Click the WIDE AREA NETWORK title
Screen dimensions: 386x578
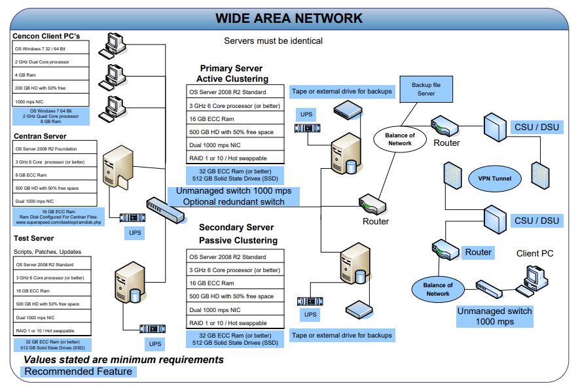click(289, 18)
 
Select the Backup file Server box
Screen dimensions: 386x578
click(426, 89)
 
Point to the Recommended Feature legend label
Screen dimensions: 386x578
click(78, 372)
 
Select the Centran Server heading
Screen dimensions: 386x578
click(40, 136)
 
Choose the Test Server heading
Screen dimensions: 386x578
click(33, 238)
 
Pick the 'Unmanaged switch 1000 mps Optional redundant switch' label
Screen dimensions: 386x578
click(234, 196)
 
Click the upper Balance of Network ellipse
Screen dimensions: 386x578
click(400, 139)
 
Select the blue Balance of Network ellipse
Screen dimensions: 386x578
click(438, 289)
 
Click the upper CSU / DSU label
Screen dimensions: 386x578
click(537, 127)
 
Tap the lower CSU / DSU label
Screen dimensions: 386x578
click(537, 220)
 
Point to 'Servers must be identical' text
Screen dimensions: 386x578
click(273, 41)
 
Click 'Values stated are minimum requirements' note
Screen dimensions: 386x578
click(124, 360)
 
